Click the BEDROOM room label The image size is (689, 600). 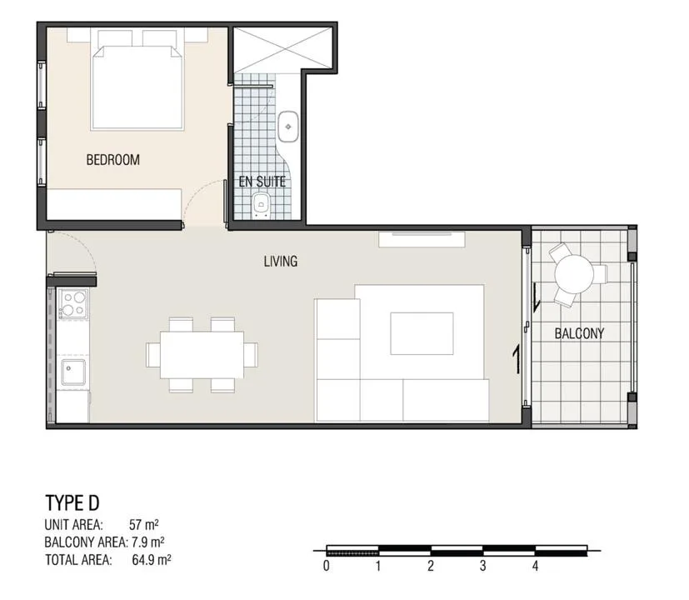click(x=113, y=159)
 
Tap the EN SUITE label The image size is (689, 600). click(x=262, y=182)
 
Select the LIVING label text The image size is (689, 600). click(x=281, y=262)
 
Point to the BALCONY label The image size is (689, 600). click(x=579, y=333)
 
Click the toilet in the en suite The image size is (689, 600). click(x=262, y=207)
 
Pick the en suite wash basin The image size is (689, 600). click(x=288, y=127)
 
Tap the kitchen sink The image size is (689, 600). click(x=73, y=372)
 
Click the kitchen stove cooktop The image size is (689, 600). click(x=74, y=304)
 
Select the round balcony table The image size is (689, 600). click(x=574, y=274)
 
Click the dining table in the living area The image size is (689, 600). click(x=202, y=355)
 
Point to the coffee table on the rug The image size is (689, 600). click(x=422, y=333)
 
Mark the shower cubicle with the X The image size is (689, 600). click(x=282, y=48)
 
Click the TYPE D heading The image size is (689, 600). click(x=72, y=502)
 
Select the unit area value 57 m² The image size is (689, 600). click(x=143, y=525)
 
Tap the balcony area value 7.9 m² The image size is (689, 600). click(x=148, y=542)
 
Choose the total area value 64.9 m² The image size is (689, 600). click(x=152, y=560)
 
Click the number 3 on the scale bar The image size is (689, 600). click(x=483, y=566)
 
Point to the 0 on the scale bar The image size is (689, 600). click(x=326, y=566)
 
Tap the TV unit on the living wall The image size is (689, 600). click(x=422, y=239)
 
